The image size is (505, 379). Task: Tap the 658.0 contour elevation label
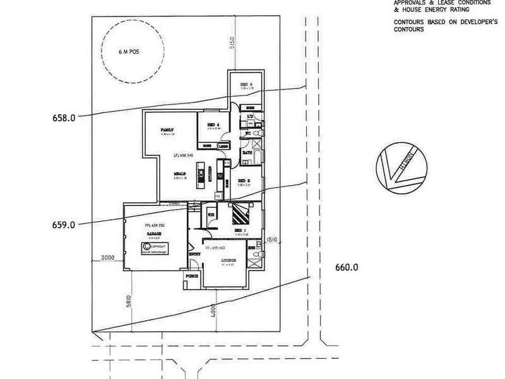[64, 117]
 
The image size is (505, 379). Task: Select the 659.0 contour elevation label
[64, 224]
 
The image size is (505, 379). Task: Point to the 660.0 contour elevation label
[347, 267]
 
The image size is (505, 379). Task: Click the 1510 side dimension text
[273, 239]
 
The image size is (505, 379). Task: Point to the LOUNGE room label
[228, 260]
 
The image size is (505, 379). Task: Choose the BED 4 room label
[213, 125]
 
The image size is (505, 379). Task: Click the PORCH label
[192, 276]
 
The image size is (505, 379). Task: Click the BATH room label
[247, 153]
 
